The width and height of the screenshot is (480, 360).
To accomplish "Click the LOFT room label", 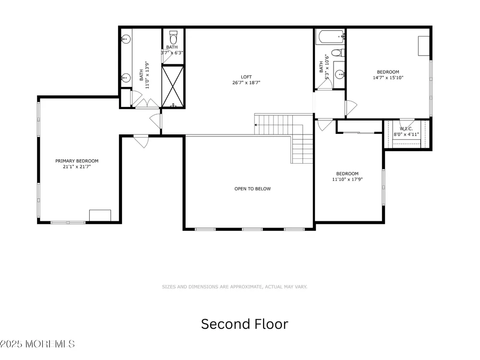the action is pos(246,77).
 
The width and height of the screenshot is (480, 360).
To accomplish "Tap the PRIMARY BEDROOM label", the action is pos(77,161).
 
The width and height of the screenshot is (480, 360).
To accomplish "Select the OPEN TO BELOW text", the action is pos(252,189).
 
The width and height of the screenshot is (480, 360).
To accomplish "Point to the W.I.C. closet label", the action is pos(406,129).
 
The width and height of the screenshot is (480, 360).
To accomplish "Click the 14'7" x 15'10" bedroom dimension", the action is pos(388,78).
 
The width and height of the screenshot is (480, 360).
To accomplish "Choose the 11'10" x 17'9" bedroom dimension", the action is pos(348,180).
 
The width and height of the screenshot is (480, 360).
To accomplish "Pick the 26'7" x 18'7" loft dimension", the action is pos(246,83).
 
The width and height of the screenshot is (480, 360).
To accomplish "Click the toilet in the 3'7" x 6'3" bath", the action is pos(173,37).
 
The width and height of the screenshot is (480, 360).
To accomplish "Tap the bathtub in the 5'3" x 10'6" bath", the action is pos(330,37).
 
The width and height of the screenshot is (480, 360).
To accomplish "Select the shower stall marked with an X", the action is pos(173,87).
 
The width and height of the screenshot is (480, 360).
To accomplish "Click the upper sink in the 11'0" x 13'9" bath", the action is pos(126,39).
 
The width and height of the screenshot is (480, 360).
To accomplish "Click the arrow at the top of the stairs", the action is pos(256,125).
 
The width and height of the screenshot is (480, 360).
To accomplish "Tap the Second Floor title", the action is pos(245,324).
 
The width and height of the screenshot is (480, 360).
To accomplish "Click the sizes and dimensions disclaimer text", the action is pos(235,287).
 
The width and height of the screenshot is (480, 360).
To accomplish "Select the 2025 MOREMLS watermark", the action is pos(37,344).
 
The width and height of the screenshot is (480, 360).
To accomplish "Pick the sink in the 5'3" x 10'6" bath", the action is pos(339,74).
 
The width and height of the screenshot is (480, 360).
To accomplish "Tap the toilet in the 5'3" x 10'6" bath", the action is pos(338,53).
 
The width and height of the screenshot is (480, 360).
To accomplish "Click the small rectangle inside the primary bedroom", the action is pos(100,216).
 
